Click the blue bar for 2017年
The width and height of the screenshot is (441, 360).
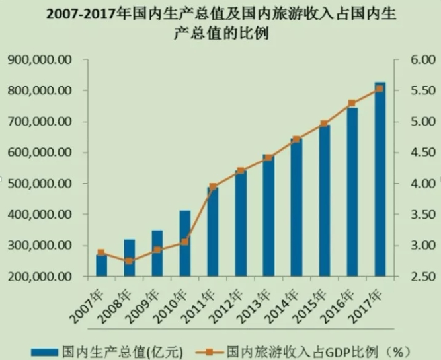point(380,178)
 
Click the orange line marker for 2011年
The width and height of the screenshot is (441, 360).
point(212,187)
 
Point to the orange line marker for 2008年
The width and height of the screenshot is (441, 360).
point(129,261)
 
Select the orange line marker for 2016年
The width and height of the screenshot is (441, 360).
point(352,103)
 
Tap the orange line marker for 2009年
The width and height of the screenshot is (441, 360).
point(157,250)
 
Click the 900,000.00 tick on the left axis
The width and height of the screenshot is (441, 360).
point(39,60)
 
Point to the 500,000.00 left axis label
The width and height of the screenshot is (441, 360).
point(39,184)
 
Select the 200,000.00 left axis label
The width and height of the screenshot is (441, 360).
point(39,276)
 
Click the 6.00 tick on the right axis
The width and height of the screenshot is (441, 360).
point(414,60)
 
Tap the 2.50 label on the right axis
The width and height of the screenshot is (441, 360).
point(414,276)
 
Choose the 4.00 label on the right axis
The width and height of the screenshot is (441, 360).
point(414,184)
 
